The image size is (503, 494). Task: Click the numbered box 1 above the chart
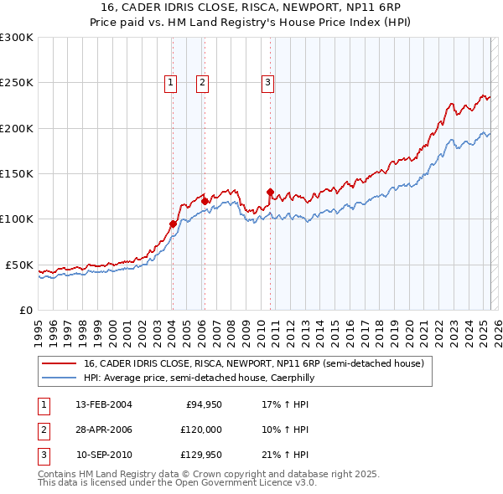point(171,82)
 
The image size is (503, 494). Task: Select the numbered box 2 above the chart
point(203,82)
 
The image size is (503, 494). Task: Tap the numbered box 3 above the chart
point(267,82)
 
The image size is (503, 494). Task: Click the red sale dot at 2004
point(173,224)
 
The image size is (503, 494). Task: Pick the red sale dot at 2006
point(205,201)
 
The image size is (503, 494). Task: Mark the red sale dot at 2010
point(270,192)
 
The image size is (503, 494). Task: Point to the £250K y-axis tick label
point(16,83)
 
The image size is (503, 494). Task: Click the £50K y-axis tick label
point(19,265)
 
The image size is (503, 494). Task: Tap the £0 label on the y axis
point(26,310)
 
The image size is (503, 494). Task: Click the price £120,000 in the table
point(199,430)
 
